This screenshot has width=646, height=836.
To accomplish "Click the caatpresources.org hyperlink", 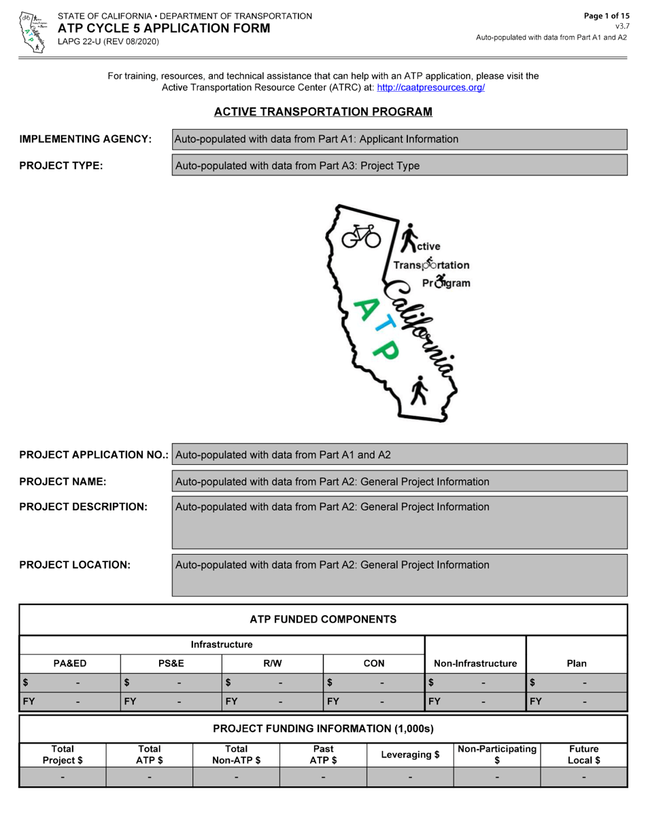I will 430,88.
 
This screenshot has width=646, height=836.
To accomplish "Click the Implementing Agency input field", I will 399,139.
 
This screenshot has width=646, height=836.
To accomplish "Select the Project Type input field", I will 399,165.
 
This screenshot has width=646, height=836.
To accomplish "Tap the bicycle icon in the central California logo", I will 360,236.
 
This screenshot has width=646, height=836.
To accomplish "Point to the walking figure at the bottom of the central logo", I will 420,390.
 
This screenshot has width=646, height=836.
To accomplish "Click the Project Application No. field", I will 399,455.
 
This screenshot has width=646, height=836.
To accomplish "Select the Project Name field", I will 399,481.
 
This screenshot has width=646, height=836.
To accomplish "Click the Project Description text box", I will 399,522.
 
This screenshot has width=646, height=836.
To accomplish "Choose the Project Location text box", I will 399,575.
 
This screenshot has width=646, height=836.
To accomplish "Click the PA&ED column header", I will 70,663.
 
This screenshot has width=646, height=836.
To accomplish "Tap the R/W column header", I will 272,663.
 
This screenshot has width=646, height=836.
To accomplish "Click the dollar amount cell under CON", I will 373,682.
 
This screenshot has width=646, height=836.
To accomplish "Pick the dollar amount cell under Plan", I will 576,682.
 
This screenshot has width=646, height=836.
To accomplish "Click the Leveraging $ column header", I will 410,754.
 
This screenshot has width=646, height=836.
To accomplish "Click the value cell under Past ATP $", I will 323,777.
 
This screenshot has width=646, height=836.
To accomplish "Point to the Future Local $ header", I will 583,754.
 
